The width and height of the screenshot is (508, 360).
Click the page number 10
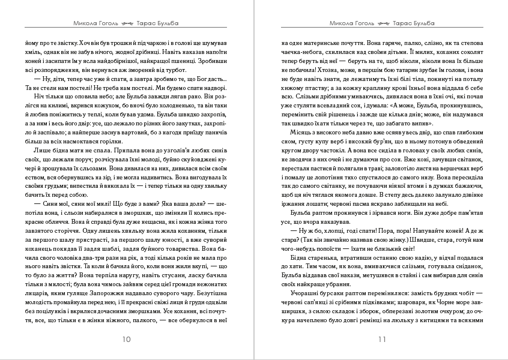[x=126, y=339]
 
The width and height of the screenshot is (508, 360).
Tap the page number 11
[x=382, y=339]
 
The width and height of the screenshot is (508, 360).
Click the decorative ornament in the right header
[x=383, y=23]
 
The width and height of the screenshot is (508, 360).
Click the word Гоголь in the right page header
[x=361, y=23]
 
